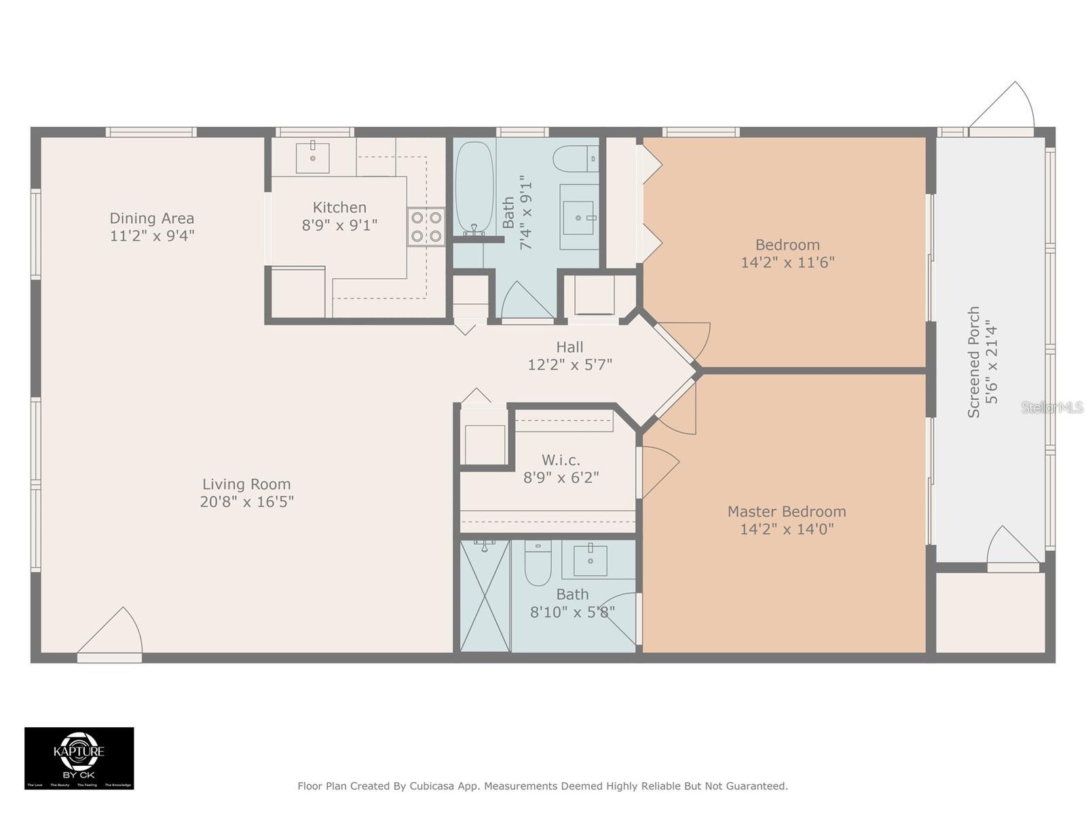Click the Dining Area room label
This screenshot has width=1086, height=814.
pos(152,218)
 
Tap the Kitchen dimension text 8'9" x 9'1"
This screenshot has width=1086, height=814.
pos(339,225)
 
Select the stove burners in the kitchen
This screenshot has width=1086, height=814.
pos(426,227)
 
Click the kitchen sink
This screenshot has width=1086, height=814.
pos(313,158)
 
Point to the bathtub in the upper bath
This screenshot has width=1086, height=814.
pos(474,186)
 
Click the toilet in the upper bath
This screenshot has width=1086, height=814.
pos(574,159)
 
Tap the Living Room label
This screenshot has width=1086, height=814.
pos(246,484)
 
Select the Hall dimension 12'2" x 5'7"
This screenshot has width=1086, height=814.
pos(570,365)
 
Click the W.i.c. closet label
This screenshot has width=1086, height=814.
pos(561,460)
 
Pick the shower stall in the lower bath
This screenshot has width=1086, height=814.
pos(485,596)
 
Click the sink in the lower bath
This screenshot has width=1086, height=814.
pos(590,560)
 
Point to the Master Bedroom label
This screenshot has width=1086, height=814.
pos(787,511)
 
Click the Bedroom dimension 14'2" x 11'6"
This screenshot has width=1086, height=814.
pos(787,263)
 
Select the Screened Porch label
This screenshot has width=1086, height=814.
pos(974,362)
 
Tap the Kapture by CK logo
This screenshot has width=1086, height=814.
pos(79,758)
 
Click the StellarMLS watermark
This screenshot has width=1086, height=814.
pos(1053,407)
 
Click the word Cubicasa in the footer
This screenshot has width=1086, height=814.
pos(432,786)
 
